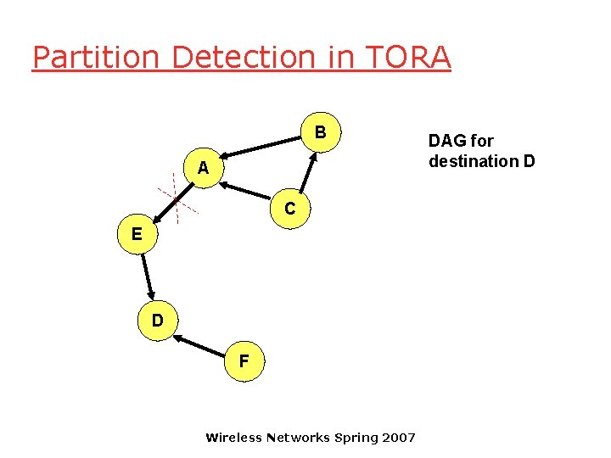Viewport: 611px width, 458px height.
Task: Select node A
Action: pyautogui.click(x=202, y=169)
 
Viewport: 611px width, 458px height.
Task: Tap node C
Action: pyautogui.click(x=290, y=209)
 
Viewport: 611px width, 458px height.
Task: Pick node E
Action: pyautogui.click(x=136, y=233)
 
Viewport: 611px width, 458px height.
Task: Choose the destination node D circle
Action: pyautogui.click(x=157, y=321)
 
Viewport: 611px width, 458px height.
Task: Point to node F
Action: pyautogui.click(x=244, y=360)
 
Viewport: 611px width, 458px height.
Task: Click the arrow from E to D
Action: pyautogui.click(x=147, y=276)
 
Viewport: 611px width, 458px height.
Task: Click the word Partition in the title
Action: pyautogui.click(x=96, y=58)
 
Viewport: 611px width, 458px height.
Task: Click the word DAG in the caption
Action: pyautogui.click(x=449, y=141)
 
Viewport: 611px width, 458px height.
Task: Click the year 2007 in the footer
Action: pyautogui.click(x=398, y=438)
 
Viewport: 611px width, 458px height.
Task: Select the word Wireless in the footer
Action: pyautogui.click(x=233, y=438)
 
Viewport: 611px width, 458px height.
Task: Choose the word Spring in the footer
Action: pyautogui.click(x=356, y=438)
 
